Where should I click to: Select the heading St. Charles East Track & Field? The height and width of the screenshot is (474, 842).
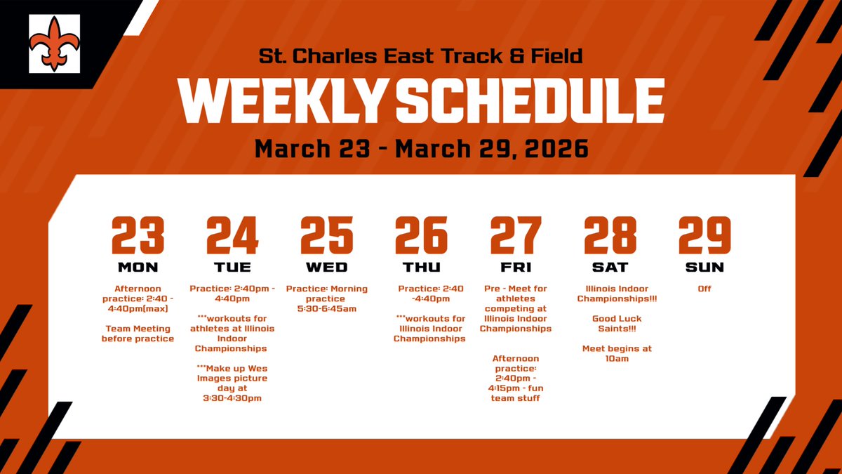coord(420,55)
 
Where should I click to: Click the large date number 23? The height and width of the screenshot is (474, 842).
coord(138,235)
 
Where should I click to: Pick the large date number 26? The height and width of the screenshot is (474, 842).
coord(421,235)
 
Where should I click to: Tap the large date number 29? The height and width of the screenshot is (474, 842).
coord(704,235)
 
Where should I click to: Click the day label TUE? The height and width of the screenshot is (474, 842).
coord(232,268)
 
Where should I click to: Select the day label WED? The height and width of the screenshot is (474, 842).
coord(326,268)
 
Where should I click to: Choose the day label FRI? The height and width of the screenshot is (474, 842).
coord(516,268)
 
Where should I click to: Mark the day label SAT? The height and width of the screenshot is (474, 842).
coord(610,268)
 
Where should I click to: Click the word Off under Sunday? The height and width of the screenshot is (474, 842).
coord(704,289)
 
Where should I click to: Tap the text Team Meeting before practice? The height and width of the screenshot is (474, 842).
coord(138,334)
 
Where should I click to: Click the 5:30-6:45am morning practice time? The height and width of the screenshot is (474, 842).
coord(326,309)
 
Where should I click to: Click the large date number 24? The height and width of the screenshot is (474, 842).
coord(232,235)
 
